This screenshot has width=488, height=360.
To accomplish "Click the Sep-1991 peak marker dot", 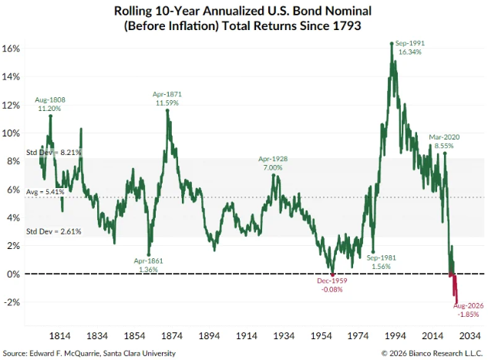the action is [x=392, y=44].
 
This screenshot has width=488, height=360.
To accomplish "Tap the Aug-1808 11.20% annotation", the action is [x=50, y=104].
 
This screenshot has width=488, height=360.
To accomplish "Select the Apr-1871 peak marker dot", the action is [x=167, y=110].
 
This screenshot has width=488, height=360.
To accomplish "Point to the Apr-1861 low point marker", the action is [x=149, y=254].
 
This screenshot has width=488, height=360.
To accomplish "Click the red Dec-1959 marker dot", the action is [x=332, y=274].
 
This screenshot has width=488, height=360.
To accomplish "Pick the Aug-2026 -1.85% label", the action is [x=469, y=310].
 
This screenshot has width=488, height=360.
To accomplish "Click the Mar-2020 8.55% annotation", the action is [x=444, y=141].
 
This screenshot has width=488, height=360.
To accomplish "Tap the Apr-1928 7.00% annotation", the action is [x=273, y=163].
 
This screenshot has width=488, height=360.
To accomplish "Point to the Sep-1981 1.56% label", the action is [x=382, y=262].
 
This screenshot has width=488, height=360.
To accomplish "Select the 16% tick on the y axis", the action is [x=11, y=49].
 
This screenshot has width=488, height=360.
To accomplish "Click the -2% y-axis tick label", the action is [x=12, y=302].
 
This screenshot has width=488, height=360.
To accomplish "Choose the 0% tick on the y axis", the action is [x=13, y=274].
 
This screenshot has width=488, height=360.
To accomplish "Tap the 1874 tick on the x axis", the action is [x=172, y=336].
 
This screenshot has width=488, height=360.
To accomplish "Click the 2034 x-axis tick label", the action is [x=470, y=336].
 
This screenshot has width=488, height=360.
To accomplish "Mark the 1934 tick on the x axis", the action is [x=284, y=336].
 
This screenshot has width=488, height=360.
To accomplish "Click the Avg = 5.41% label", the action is [x=45, y=192].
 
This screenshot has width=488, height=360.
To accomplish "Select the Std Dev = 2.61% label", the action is [x=53, y=231].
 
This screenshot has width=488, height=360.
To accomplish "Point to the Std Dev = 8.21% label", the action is [x=53, y=153].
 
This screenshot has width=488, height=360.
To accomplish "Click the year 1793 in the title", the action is [x=347, y=25].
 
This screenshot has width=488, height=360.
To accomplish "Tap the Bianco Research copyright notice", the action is [x=432, y=354].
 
